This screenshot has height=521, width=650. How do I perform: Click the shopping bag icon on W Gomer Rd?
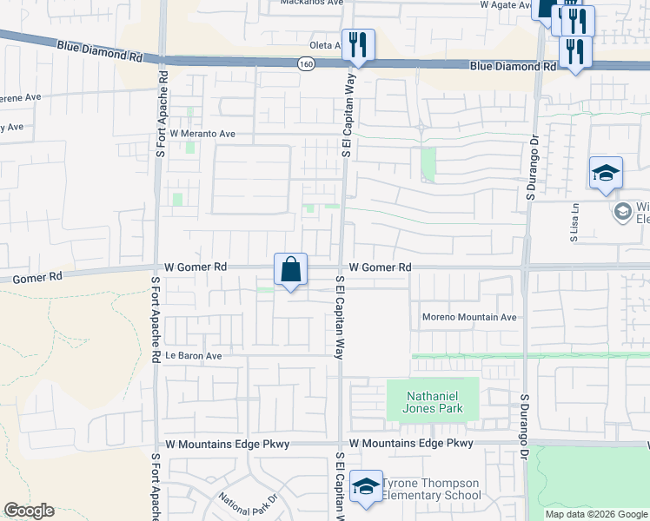290,269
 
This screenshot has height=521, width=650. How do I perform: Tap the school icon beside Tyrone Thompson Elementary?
366,488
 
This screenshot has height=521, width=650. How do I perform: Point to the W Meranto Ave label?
202,135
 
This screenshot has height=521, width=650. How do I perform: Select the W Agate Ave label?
505,4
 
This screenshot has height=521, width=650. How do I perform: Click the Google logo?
29,511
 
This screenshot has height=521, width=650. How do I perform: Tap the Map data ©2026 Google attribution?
595,514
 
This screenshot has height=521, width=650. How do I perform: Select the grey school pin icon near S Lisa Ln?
622,211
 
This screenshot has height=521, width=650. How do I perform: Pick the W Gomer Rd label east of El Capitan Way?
380,268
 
